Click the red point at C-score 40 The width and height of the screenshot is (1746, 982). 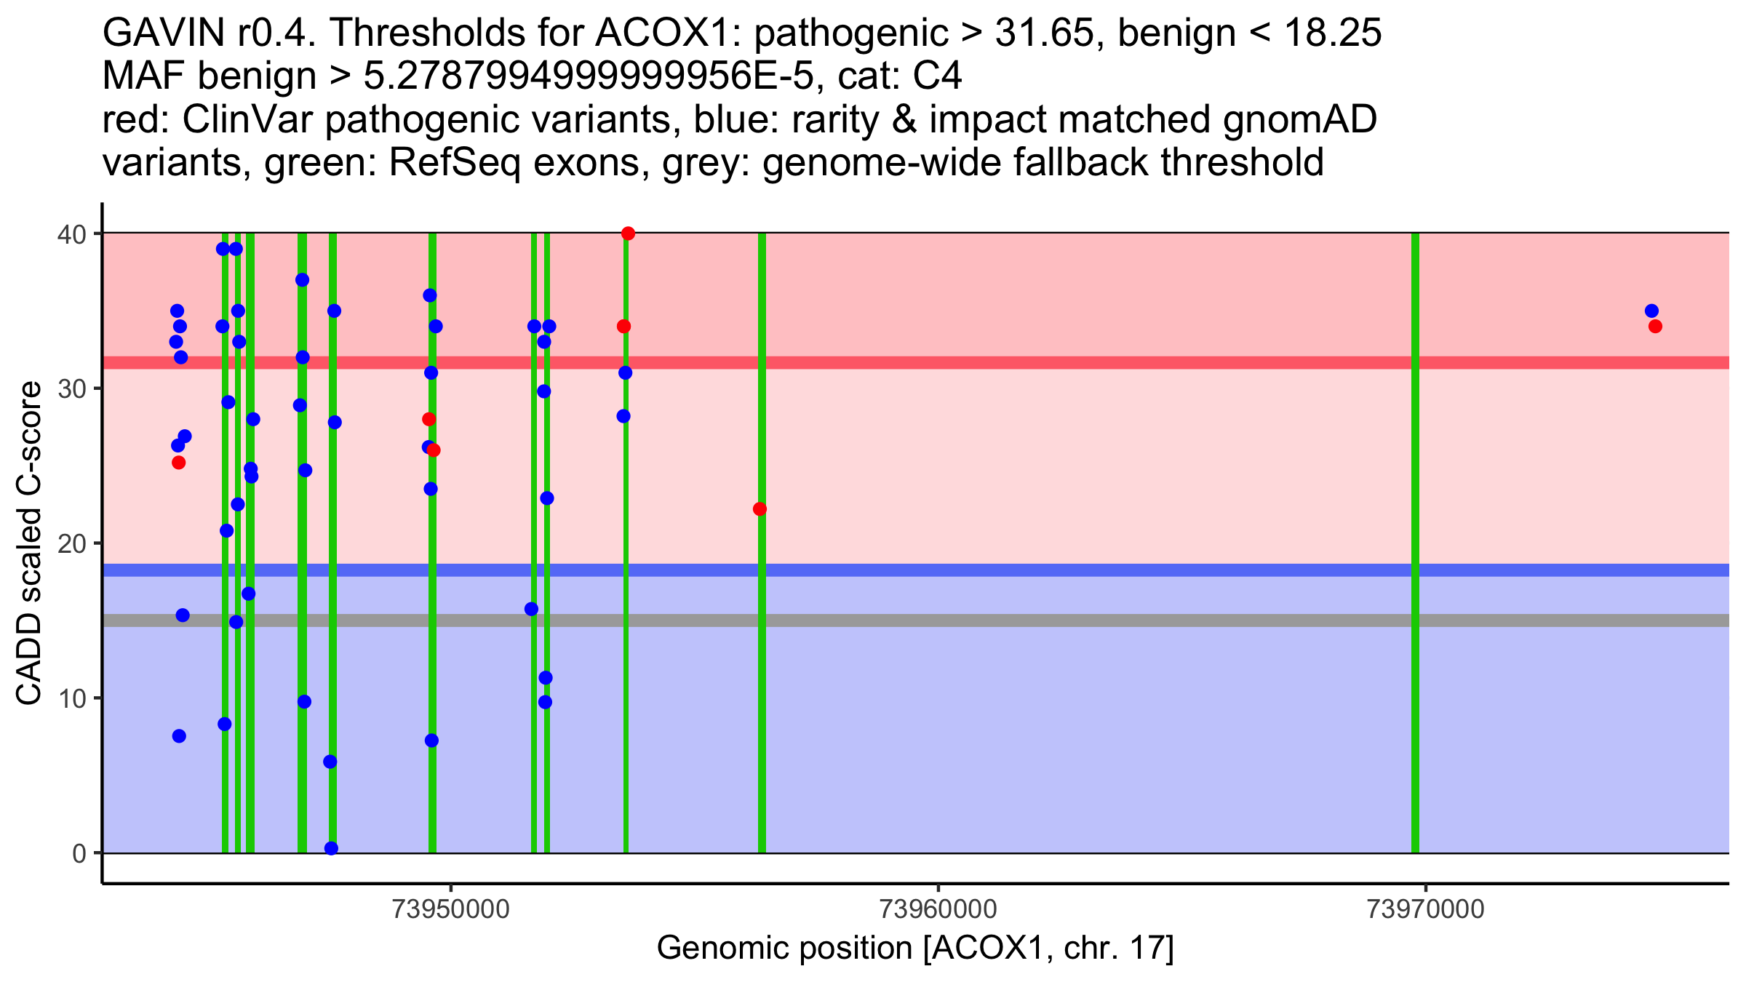628,233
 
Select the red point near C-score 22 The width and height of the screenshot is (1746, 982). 760,509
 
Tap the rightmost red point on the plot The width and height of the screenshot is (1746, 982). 1655,327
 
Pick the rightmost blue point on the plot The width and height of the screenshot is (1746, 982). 1651,311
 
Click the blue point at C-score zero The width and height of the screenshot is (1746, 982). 331,848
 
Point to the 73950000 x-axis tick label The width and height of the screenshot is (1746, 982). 450,909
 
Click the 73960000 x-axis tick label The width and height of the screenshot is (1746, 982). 938,909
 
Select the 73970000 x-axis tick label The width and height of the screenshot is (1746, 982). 1426,909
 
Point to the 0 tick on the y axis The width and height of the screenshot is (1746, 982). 80,853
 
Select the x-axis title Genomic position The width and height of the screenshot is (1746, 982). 915,949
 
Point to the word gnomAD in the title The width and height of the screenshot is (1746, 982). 1299,120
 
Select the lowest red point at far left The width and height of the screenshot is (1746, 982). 178,463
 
